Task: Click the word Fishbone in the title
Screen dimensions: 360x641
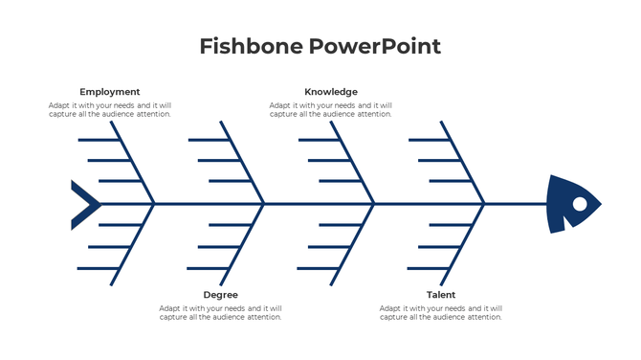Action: click(x=248, y=46)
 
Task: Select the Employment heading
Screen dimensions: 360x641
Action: click(x=109, y=92)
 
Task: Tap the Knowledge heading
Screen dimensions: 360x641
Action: click(x=331, y=92)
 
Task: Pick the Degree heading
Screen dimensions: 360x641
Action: click(x=220, y=295)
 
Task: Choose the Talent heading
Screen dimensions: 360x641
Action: click(x=441, y=295)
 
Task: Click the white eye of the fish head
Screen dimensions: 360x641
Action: click(x=579, y=203)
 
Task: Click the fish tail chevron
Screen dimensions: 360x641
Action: click(x=84, y=204)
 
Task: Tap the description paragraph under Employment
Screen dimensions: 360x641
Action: click(x=110, y=110)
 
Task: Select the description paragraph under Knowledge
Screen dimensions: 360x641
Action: click(x=331, y=110)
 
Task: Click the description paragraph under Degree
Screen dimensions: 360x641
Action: click(x=220, y=313)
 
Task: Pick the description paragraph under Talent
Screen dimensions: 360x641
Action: click(x=441, y=313)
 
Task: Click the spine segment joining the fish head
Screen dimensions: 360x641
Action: click(x=517, y=203)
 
